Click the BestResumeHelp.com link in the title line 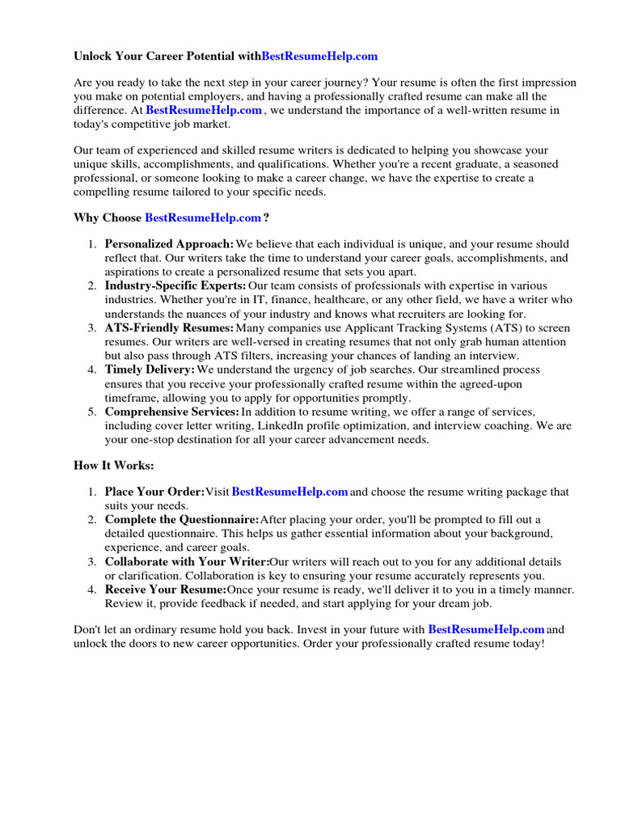tap(319, 57)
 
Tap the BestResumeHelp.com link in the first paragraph tap(204, 110)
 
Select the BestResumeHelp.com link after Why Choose tap(203, 218)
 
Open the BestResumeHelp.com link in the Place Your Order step tap(289, 492)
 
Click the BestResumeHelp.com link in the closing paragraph tap(486, 629)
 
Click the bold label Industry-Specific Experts tap(175, 286)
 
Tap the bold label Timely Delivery tap(150, 370)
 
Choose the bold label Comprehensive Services tap(172, 412)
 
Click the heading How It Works tap(113, 466)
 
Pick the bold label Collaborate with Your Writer tap(187, 562)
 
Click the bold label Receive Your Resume tap(166, 590)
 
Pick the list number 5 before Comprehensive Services tap(91, 412)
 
